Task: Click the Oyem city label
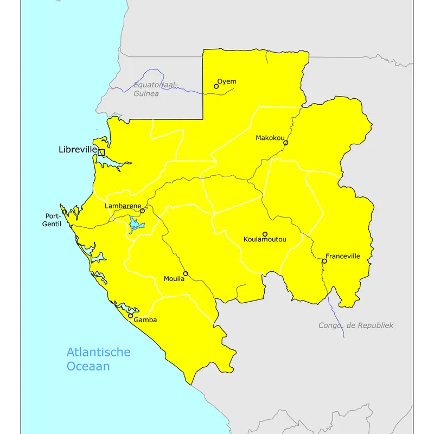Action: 227,82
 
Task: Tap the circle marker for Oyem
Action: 216,86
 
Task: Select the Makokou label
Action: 270,138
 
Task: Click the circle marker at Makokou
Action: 285,143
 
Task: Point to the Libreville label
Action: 78,149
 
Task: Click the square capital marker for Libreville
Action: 101,152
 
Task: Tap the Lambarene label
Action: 123,206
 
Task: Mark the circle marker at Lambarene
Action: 142,211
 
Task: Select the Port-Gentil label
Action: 53,220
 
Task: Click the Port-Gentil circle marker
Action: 65,212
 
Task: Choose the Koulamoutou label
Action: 265,239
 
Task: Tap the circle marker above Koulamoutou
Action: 265,234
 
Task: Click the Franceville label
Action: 343,256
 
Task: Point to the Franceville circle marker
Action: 324,261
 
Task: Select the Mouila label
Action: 174,279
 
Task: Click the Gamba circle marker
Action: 131,315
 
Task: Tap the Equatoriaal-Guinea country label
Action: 155,90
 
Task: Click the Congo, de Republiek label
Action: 355,325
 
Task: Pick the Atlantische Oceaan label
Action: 98,359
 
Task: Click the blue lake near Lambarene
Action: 134,225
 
